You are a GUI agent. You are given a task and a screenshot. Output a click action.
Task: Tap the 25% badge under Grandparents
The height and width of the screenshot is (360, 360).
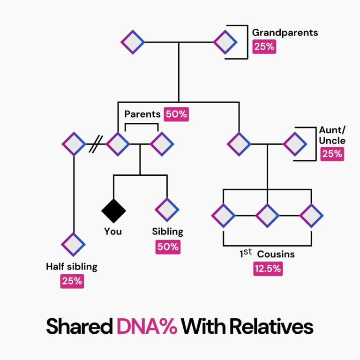pyautogui.click(x=264, y=47)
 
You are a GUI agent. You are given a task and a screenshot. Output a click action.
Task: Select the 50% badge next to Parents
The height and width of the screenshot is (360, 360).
pyautogui.click(x=176, y=114)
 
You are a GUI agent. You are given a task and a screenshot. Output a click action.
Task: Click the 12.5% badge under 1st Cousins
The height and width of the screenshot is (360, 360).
pyautogui.click(x=268, y=269)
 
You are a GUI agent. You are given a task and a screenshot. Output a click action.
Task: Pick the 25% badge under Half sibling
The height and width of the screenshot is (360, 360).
pyautogui.click(x=72, y=281)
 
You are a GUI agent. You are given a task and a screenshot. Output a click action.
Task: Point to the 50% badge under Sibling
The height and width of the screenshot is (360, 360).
pyautogui.click(x=168, y=247)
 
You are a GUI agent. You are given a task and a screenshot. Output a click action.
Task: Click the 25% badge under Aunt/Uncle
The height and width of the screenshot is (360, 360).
pyautogui.click(x=332, y=154)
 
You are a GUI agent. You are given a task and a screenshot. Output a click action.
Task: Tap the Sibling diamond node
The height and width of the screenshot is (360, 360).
pyautogui.click(x=167, y=210)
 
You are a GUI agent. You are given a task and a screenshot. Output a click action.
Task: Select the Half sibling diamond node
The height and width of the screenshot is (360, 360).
pyautogui.click(x=73, y=244)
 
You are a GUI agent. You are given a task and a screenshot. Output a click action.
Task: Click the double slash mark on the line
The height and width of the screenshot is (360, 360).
pyautogui.click(x=96, y=143)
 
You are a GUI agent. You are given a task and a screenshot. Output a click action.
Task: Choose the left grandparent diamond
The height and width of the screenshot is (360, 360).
pyautogui.click(x=133, y=42)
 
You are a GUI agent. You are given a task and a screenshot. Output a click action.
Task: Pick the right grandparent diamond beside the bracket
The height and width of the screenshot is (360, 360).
pyautogui.click(x=225, y=42)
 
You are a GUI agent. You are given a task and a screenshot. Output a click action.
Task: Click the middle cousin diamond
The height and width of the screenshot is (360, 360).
pyautogui.click(x=267, y=216)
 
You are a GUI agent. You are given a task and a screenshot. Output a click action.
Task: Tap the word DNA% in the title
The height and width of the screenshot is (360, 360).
pyautogui.click(x=147, y=326)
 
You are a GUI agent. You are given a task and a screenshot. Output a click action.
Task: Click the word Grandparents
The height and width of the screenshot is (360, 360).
pyautogui.click(x=285, y=33)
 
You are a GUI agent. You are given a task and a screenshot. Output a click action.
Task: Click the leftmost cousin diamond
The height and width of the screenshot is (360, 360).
pyautogui.click(x=223, y=216)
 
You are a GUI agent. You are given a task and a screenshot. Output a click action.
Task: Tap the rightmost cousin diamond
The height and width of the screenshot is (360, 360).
pyautogui.click(x=311, y=216)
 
